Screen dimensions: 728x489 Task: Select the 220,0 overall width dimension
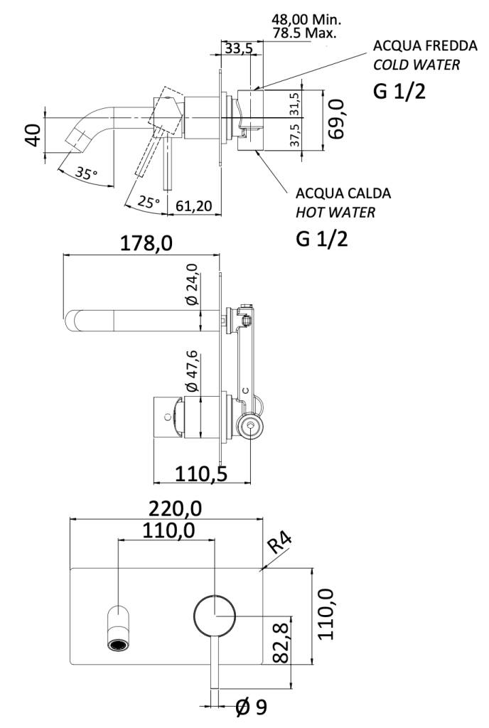tap(176, 508)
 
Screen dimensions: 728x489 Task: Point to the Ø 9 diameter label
tap(251, 708)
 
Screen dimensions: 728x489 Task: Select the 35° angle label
tap(85, 173)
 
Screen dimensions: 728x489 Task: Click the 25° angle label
tap(148, 202)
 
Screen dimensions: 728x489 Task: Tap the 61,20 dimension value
tap(194, 206)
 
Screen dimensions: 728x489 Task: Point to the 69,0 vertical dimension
tap(336, 119)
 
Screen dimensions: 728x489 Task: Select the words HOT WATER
tap(335, 212)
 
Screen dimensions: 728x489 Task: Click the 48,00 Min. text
tap(306, 20)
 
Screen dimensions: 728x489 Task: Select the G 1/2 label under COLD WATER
tap(399, 92)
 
